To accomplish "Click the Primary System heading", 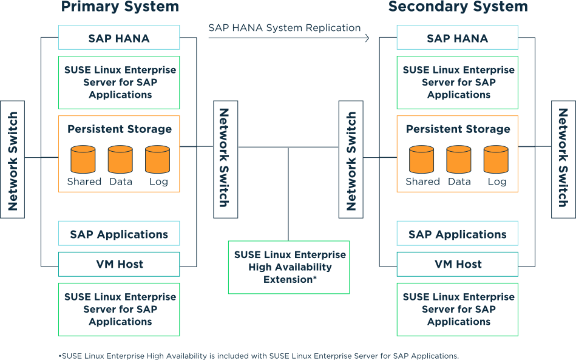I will coord(120,7).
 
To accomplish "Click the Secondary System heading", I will coord(458,7).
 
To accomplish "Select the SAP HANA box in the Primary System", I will coord(119,38).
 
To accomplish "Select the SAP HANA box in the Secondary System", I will coord(457,38).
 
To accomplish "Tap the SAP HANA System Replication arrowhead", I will coord(367,38).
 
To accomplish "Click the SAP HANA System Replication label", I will coord(284,28).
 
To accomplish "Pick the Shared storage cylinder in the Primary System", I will coord(83,160).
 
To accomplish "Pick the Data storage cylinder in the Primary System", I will coord(120,160).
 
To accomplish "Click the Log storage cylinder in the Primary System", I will coord(157,160).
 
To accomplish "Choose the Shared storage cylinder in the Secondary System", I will coord(422,160).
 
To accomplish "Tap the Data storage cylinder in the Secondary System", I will coord(459,160).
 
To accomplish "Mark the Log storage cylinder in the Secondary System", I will coord(496,160).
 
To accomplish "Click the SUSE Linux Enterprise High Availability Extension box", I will coord(289,267).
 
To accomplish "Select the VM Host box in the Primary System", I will coord(119,264).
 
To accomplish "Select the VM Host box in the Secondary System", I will coord(457,264).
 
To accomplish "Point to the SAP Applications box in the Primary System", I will coord(119,234).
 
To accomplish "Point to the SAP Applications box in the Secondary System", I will coord(457,234).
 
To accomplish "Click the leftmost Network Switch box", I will coord(13,159).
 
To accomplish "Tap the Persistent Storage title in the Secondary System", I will coord(458,129).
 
